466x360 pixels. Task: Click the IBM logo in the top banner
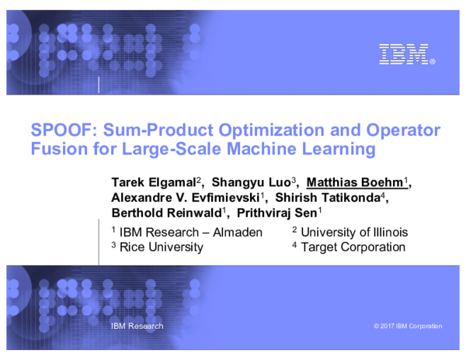pyautogui.click(x=404, y=54)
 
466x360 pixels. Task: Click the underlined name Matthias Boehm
pyautogui.click(x=355, y=183)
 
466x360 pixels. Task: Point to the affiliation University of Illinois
pyautogui.click(x=353, y=232)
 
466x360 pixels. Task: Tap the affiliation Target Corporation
pyautogui.click(x=353, y=247)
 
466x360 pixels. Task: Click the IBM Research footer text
pyautogui.click(x=137, y=326)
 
